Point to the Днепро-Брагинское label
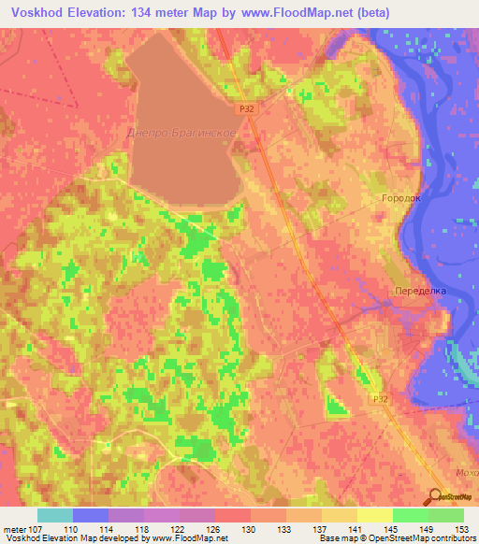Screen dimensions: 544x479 click(x=181, y=133)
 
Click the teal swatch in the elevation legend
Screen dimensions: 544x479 click(x=54, y=515)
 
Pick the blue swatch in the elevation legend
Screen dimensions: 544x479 click(x=90, y=515)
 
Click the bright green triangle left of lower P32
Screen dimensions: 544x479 click(x=335, y=404)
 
